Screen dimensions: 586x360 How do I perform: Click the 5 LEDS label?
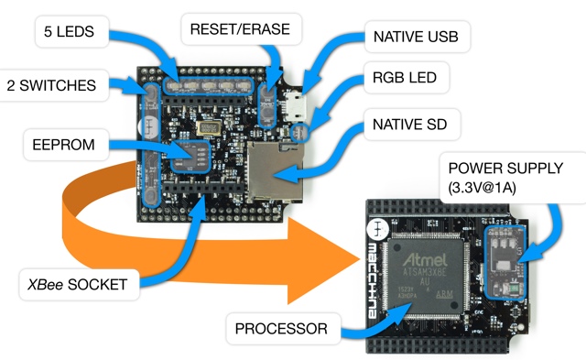(x=69, y=31)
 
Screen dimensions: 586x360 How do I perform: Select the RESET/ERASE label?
(x=240, y=29)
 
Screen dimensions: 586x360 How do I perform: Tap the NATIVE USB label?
(x=416, y=37)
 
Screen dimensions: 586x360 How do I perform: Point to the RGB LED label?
(x=405, y=77)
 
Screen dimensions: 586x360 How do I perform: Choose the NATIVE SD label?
(x=410, y=125)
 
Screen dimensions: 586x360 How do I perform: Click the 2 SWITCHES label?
(x=52, y=85)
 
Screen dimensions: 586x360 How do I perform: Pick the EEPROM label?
(x=64, y=145)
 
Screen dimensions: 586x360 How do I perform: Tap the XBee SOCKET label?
(x=78, y=285)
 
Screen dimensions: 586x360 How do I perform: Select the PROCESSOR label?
(x=281, y=329)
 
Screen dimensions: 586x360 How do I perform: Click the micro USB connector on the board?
(x=295, y=106)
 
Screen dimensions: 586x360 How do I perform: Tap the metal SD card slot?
(x=276, y=171)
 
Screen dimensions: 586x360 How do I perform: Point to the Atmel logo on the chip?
(x=425, y=259)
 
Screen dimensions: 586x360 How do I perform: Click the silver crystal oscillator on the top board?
(x=207, y=128)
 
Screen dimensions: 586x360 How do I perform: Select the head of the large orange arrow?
(x=323, y=261)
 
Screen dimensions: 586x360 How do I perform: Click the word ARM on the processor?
(x=444, y=294)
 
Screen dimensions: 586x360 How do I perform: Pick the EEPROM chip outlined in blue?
(x=190, y=157)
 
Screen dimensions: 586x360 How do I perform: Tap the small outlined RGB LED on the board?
(x=299, y=133)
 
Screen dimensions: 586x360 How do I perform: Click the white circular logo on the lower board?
(x=377, y=229)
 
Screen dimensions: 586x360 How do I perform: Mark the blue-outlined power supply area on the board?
(x=505, y=262)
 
